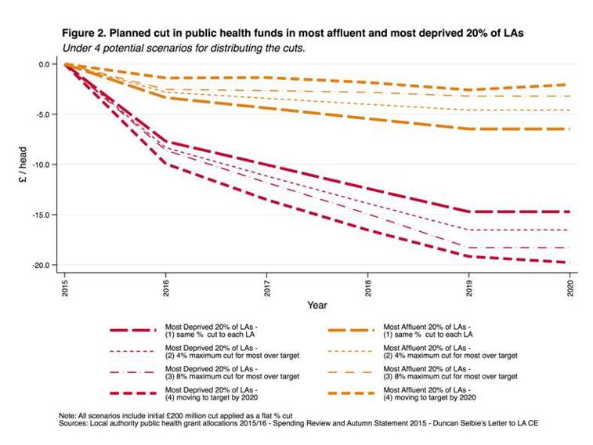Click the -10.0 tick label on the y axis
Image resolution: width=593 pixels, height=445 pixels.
click(42, 165)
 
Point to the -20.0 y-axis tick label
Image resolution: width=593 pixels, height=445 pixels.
click(42, 265)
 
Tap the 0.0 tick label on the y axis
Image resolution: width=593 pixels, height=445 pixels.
click(45, 64)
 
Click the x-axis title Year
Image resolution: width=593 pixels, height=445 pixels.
click(317, 304)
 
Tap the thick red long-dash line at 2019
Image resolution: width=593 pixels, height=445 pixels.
click(468, 212)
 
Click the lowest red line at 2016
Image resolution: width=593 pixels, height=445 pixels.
click(165, 164)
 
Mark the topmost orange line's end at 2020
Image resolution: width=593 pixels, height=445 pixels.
click(568, 85)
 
